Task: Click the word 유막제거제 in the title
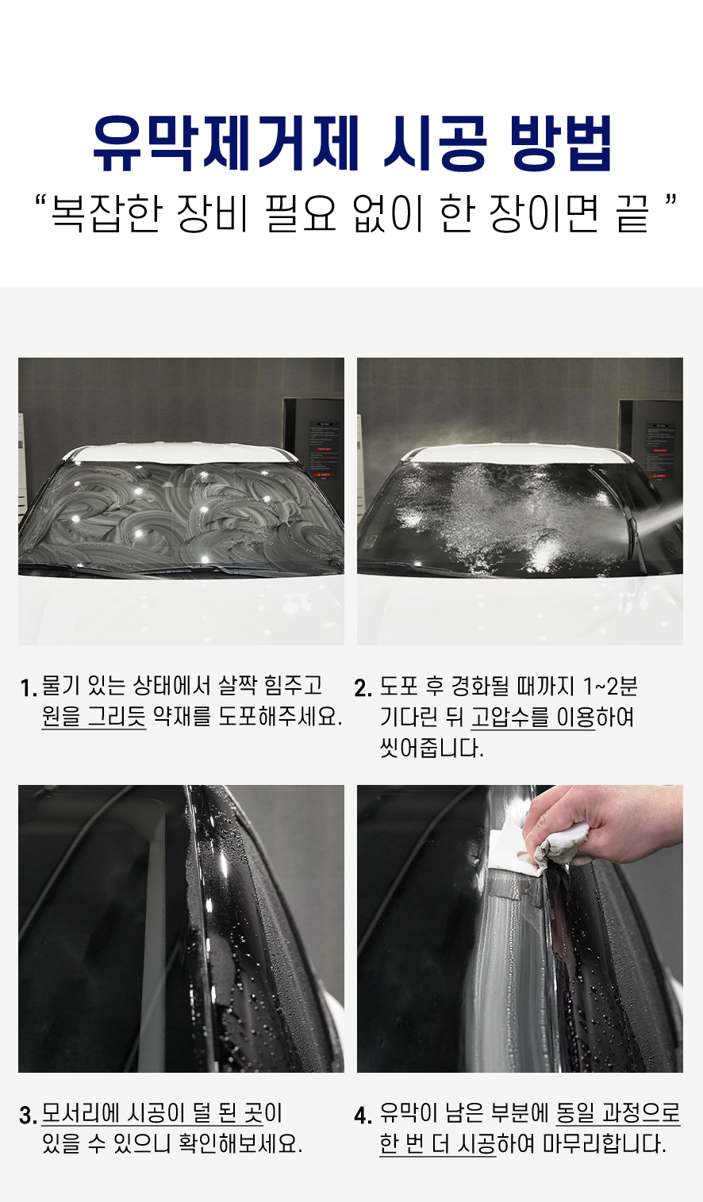pos(225,144)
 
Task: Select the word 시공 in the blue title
pos(435,144)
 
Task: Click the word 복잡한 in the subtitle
pos(107,213)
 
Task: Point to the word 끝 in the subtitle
pos(632,213)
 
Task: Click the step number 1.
pos(28,688)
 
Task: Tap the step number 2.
pos(363,688)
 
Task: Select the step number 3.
pos(28,1116)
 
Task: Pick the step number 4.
pos(363,1116)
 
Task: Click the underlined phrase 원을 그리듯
pos(94,717)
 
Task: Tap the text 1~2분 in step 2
pos(610,686)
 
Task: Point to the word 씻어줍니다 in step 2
pos(432,748)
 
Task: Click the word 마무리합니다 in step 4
pos(605,1143)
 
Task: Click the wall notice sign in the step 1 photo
pos(324,450)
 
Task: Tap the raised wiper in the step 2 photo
pos(617,515)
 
